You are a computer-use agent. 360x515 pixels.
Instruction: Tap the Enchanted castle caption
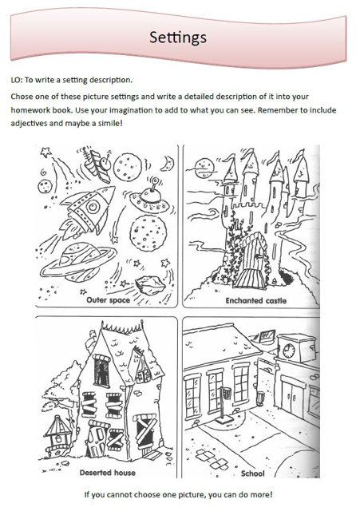255,301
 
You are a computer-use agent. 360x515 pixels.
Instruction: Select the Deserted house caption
107,472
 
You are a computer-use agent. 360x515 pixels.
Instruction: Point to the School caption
252,472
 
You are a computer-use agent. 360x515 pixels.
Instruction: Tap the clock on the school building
289,351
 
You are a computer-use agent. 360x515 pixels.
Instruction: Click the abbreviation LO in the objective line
16,80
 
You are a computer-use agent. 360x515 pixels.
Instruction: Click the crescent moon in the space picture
167,163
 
